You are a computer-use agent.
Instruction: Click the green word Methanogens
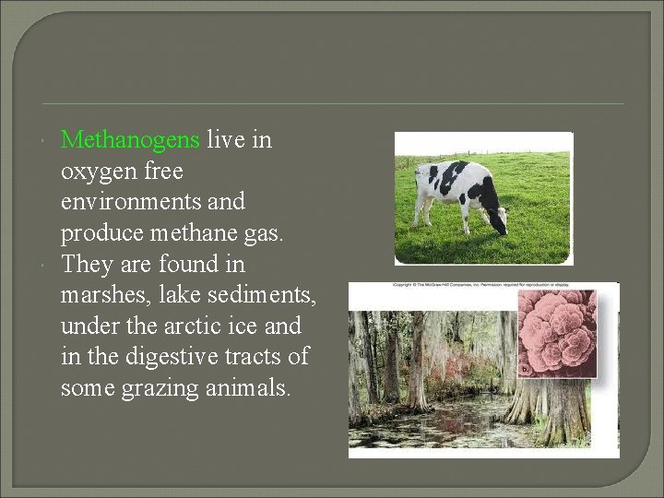point(129,140)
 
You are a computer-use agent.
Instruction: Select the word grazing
point(162,388)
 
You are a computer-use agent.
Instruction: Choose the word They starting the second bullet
point(85,265)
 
